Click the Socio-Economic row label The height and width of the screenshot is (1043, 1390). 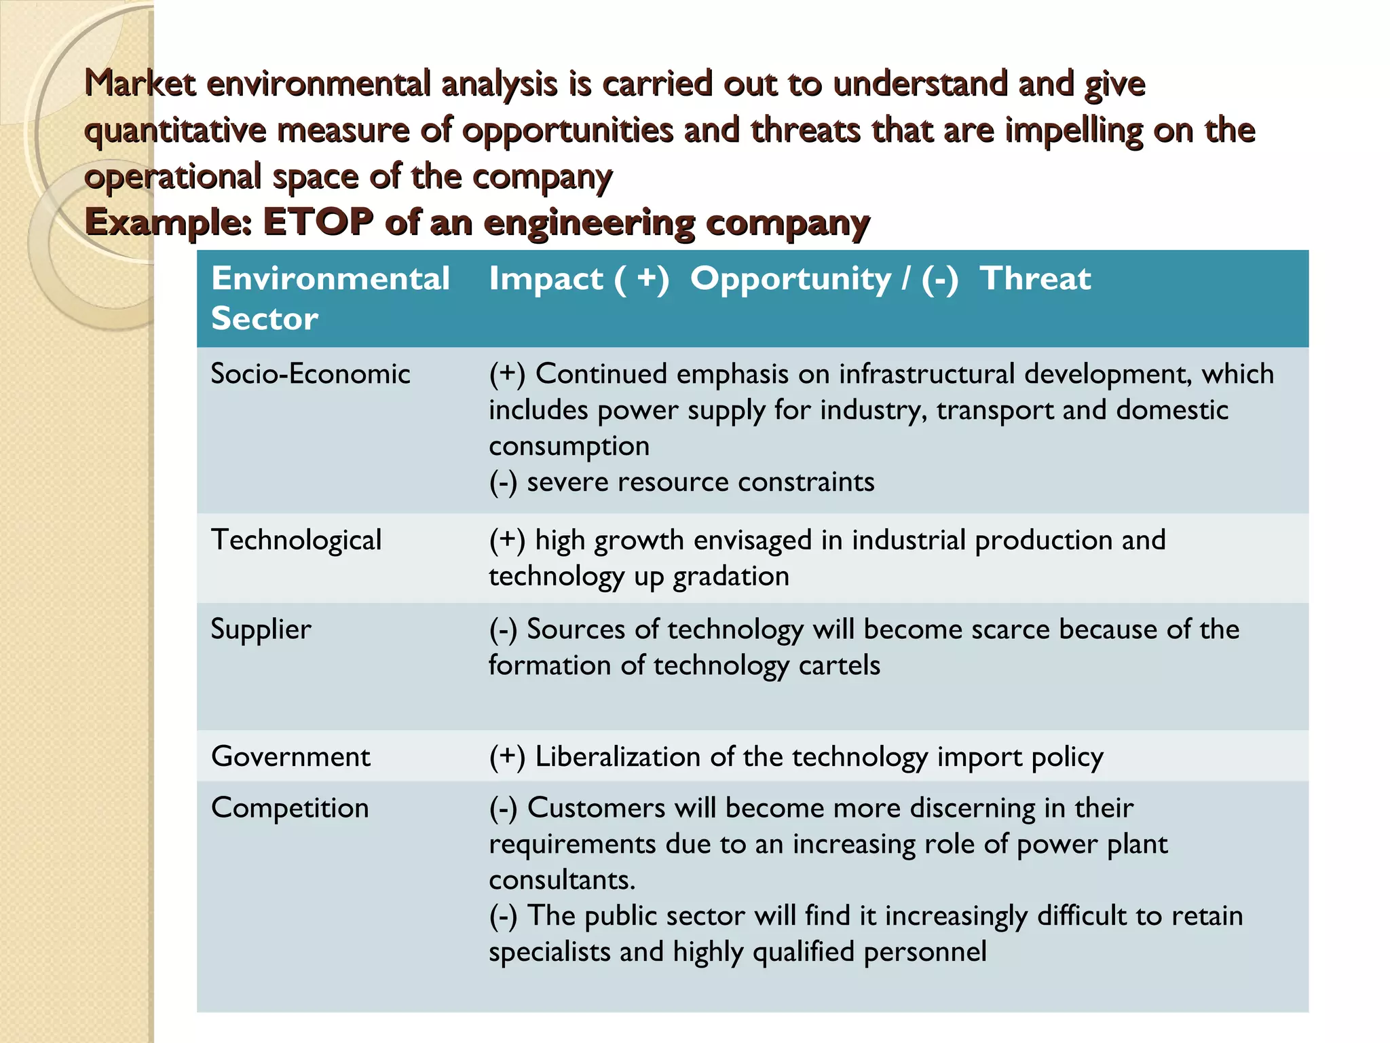pos(310,374)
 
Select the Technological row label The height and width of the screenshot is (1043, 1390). pos(296,541)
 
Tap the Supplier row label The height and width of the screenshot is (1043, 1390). pos(261,629)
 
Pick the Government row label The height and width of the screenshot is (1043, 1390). pos(290,756)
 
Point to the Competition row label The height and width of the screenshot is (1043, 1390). pos(290,808)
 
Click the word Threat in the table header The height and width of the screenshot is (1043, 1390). pos(1035,278)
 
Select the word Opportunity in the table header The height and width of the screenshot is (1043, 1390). pos(791,279)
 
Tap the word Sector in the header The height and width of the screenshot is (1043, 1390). pos(264,318)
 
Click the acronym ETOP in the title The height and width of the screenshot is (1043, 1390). pos(318,222)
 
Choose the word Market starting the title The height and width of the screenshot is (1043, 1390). pos(140,84)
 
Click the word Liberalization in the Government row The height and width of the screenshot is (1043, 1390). pos(617,756)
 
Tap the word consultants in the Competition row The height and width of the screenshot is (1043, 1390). pos(561,880)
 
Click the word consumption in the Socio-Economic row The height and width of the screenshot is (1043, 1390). pos(569,446)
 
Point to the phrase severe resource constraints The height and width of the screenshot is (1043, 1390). pos(700,482)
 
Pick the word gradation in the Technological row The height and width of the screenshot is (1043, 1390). pos(731,577)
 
